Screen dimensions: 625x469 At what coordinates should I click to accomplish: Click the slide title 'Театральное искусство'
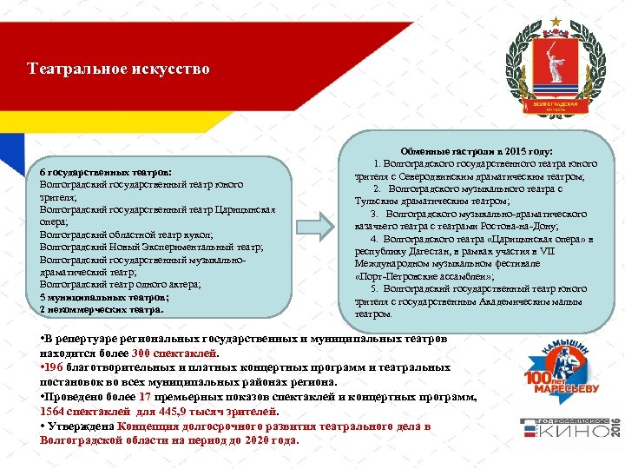point(118,69)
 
